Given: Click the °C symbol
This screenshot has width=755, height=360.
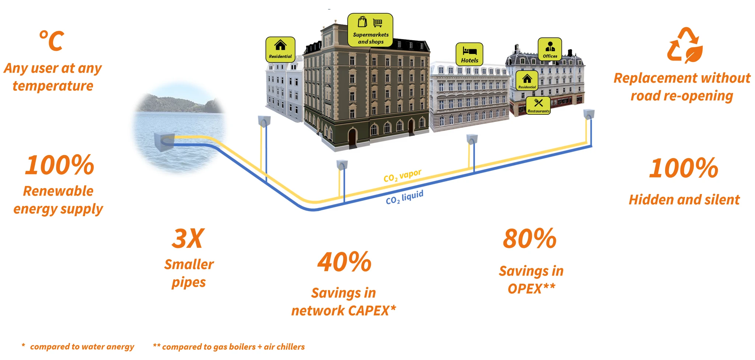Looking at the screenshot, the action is click(52, 41).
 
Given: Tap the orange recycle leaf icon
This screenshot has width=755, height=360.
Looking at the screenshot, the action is click(685, 45).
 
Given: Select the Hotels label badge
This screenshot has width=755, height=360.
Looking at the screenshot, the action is click(469, 54).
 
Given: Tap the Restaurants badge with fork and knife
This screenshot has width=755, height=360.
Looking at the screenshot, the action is click(538, 105).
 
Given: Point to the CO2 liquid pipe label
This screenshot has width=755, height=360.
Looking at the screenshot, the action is click(404, 198).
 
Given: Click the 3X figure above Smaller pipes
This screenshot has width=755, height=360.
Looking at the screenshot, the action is click(188, 239).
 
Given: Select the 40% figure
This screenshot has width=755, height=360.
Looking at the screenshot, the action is click(344, 262).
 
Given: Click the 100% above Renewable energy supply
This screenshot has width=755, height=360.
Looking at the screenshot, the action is click(59, 165).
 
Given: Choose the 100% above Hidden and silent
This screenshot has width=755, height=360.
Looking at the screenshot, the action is click(684, 168).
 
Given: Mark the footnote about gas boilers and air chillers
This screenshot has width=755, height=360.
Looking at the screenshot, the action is click(229, 347).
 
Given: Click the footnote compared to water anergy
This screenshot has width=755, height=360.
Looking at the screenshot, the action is click(78, 347).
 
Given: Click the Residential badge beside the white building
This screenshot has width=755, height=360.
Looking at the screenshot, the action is click(280, 49).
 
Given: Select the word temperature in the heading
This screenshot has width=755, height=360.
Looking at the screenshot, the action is click(53, 86).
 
